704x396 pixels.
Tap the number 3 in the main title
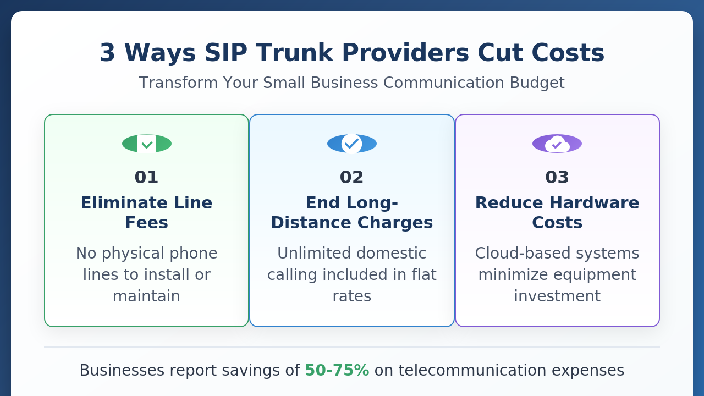coord(107,53)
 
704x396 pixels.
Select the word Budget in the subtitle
coord(537,83)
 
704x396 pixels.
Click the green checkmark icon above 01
coord(147,144)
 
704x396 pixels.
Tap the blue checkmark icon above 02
coord(351,144)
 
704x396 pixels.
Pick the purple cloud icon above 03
coord(557,144)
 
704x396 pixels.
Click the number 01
coord(146,177)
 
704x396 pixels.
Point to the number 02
coord(351,177)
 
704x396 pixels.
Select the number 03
coord(557,177)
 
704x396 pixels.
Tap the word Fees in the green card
coord(146,223)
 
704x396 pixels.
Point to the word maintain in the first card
coord(146,296)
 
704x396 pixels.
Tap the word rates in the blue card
coord(351,296)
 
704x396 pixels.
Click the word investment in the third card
coord(557,296)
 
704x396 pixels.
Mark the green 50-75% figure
coord(337,370)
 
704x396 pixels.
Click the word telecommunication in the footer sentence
coord(472,370)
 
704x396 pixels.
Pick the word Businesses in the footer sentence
coord(122,370)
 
